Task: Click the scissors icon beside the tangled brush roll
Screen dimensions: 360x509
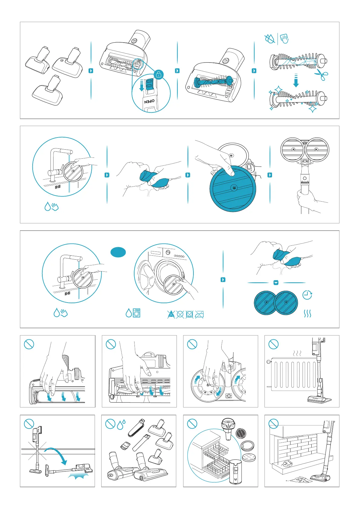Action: pos(321,75)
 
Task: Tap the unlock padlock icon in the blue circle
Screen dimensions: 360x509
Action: pos(159,74)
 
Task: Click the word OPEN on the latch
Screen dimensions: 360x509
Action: pos(149,101)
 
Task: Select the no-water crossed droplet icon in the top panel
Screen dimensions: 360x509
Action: pos(270,39)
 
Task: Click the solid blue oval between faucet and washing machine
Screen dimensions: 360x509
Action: pos(118,252)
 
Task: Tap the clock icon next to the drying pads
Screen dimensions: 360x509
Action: pos(307,295)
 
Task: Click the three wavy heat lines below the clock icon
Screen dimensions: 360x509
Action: pos(307,314)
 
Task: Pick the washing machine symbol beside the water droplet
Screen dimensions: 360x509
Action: pos(136,313)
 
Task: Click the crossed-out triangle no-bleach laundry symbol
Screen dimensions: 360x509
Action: pos(171,314)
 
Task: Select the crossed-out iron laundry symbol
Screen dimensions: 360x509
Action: pos(199,314)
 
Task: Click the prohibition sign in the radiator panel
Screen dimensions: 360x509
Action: pos(273,344)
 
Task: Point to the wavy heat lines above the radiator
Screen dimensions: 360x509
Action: pos(297,353)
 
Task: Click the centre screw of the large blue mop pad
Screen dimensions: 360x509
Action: pos(234,188)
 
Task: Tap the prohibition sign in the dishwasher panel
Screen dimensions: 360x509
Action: pos(192,424)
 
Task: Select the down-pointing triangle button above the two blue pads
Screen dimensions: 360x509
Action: pos(276,283)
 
